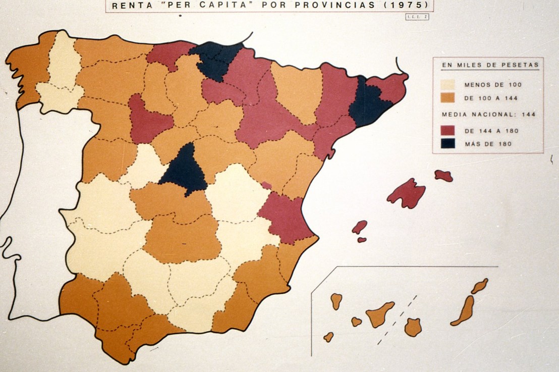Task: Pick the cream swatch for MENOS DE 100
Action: (x=448, y=84)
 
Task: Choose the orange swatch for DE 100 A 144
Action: (x=448, y=96)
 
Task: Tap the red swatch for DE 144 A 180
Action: (x=448, y=131)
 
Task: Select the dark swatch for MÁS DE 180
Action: (x=448, y=143)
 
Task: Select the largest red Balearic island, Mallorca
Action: (x=407, y=193)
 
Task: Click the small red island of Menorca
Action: (x=443, y=176)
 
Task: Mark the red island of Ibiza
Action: (x=360, y=227)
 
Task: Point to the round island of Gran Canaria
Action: (x=413, y=327)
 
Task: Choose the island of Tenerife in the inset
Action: (x=379, y=314)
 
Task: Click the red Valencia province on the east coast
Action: (x=285, y=216)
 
